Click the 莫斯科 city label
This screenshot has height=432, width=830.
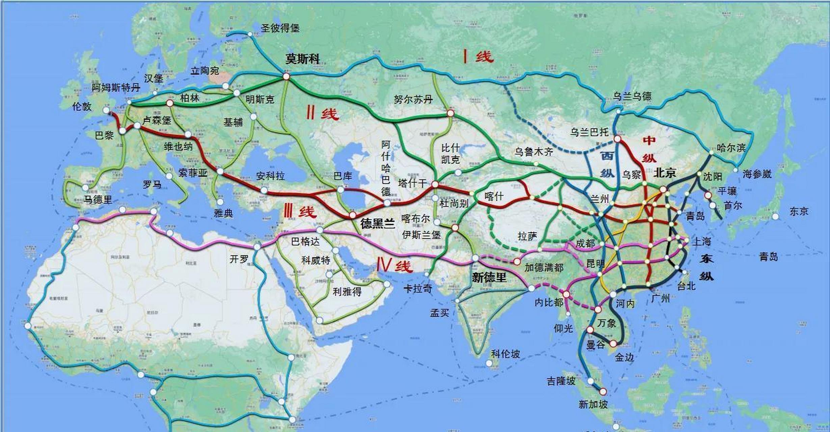[x=302, y=59]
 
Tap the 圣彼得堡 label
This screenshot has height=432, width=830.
[x=280, y=28]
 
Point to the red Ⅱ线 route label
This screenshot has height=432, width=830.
[x=322, y=114]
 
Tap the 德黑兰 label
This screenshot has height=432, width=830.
[x=377, y=223]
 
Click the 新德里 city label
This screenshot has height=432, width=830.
[x=489, y=277]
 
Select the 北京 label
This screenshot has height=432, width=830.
[x=665, y=173]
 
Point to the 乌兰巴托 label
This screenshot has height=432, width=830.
[x=589, y=132]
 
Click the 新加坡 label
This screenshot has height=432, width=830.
[x=593, y=404]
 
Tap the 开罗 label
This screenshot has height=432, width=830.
[x=239, y=259]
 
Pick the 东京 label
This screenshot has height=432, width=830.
[x=799, y=212]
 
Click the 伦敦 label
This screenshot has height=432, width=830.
[x=82, y=107]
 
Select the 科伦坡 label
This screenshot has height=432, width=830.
[x=505, y=354]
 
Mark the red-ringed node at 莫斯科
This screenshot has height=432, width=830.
[x=286, y=77]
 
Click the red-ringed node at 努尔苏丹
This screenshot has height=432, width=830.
[x=450, y=113]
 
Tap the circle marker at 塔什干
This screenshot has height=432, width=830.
[x=435, y=184]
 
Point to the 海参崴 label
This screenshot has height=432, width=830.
[x=757, y=174]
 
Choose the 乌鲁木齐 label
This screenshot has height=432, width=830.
[x=534, y=152]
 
